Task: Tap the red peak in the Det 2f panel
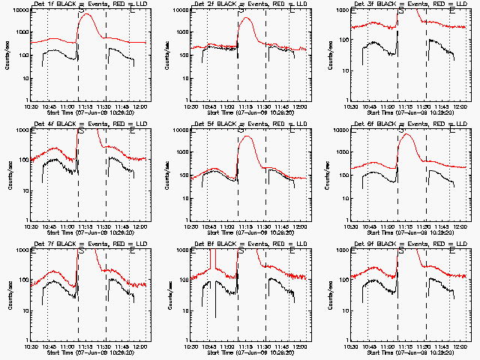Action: tap(246, 18)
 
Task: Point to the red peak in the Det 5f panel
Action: tap(247, 136)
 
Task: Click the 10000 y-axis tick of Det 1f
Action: tap(17, 10)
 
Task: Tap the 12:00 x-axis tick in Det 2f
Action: tap(298, 105)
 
